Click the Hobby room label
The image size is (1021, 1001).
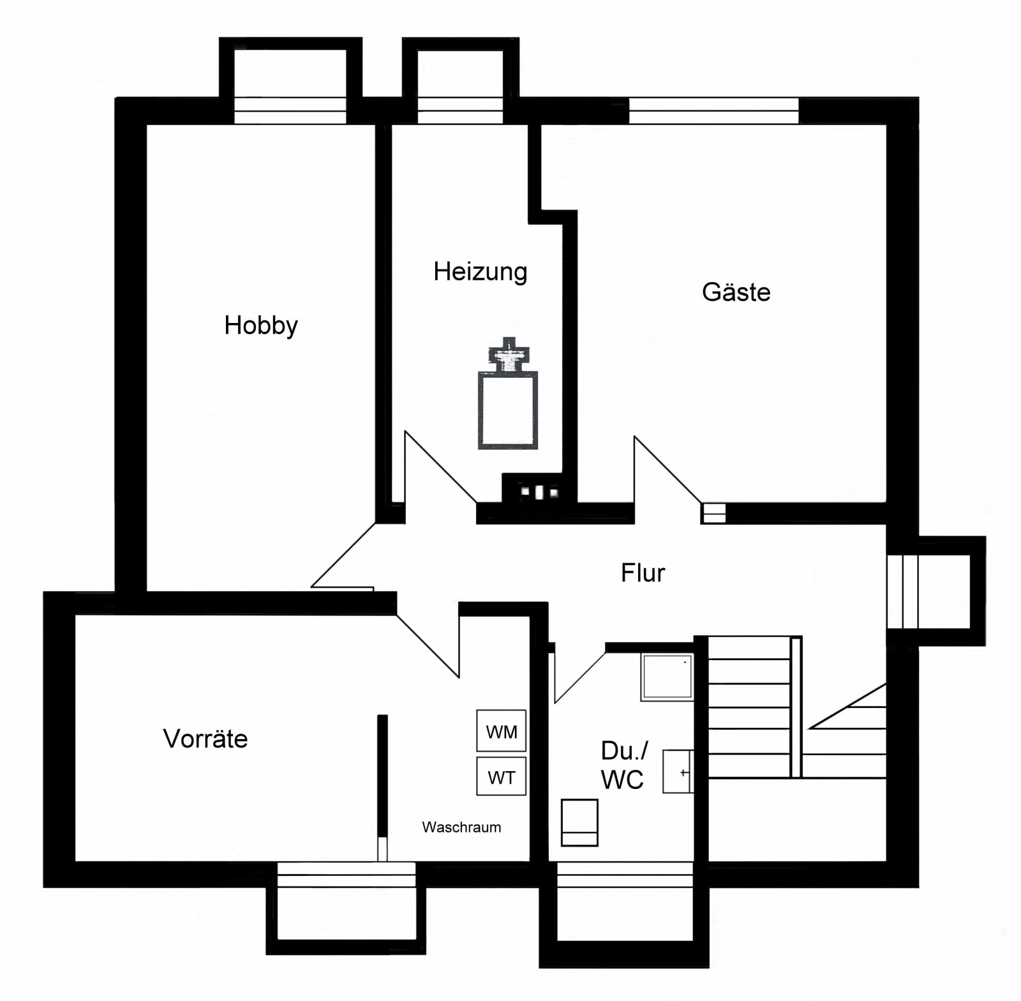(261, 326)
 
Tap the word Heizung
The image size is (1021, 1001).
(480, 272)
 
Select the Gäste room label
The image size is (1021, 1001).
(736, 292)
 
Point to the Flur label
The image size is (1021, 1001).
(643, 573)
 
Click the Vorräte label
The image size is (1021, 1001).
(205, 739)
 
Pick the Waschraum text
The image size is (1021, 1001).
(461, 827)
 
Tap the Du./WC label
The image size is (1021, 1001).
(623, 765)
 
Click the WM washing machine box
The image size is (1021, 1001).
(502, 731)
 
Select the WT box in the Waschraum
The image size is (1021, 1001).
(502, 777)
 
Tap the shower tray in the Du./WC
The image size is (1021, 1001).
(667, 677)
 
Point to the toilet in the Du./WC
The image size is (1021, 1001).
(579, 822)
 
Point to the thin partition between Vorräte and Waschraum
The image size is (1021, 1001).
(382, 779)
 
